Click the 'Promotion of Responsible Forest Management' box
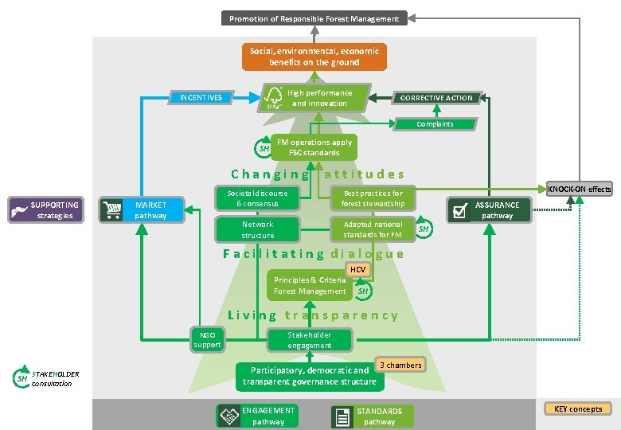tap(314, 18)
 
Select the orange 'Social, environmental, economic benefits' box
tap(314, 57)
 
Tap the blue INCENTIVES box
tap(201, 98)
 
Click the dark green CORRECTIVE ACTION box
tap(435, 98)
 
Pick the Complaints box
tap(435, 123)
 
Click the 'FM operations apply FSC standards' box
tap(314, 147)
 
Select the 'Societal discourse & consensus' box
tap(257, 198)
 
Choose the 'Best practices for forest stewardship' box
tap(372, 198)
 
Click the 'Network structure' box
tap(257, 230)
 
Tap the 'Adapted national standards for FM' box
tap(372, 230)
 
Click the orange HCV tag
tap(357, 270)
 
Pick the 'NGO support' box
tap(206, 340)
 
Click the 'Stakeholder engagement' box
tap(309, 340)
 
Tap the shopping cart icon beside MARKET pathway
tap(111, 210)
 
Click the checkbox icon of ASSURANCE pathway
tap(459, 210)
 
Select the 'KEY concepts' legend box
tap(578, 409)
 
